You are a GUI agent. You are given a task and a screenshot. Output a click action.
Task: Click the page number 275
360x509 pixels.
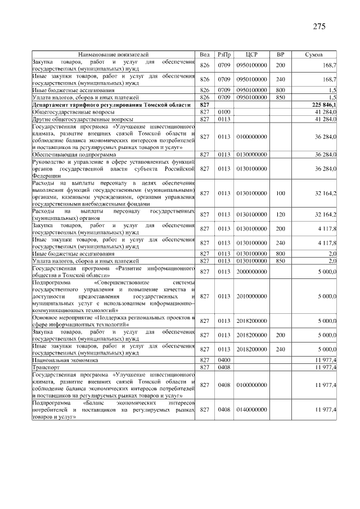click(319, 26)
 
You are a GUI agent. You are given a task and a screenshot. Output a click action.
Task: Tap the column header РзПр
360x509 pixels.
click(224, 54)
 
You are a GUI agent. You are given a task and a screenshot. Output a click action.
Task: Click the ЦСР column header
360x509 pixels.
click(251, 54)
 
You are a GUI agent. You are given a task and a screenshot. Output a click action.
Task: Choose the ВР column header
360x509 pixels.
click(280, 54)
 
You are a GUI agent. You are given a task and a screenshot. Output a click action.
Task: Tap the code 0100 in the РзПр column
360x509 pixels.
click(224, 112)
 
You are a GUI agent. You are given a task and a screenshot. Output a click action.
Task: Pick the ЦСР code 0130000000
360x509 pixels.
click(251, 154)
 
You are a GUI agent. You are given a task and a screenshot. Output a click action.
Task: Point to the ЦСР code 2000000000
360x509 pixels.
click(251, 272)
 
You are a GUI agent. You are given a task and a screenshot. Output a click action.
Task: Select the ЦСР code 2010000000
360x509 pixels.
click(251, 296)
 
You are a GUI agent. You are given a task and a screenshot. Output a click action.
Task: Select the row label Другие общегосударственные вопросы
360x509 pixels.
click(83, 119)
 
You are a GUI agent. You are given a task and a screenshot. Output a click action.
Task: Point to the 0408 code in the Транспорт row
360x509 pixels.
click(224, 367)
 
